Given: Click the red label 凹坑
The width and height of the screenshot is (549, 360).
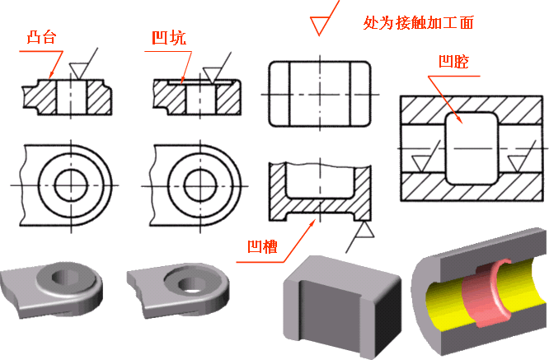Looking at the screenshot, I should click(168, 38).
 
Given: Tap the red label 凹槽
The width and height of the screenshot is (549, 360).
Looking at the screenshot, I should click(261, 246).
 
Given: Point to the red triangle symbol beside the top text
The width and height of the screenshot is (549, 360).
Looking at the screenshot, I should click(317, 24).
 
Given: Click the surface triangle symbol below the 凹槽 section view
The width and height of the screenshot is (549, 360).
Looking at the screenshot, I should click(361, 240).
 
